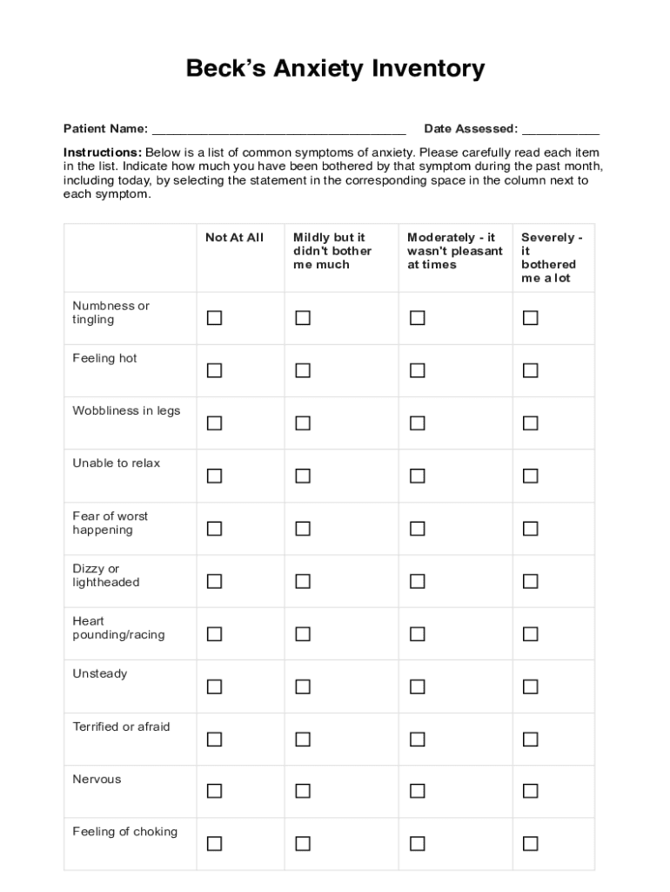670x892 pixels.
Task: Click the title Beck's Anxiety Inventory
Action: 335,69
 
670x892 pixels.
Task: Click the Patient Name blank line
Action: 278,131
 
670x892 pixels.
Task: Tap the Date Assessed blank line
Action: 560,131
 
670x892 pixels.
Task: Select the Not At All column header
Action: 234,238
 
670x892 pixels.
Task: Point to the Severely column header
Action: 552,258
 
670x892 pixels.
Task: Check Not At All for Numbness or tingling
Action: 214,318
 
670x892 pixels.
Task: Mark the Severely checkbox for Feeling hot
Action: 530,371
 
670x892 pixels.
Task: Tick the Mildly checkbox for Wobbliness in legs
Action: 303,423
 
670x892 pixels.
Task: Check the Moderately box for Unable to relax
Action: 418,476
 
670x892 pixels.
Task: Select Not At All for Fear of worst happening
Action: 214,529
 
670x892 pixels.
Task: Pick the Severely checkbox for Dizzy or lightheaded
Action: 530,581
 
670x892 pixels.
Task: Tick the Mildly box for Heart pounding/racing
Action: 303,634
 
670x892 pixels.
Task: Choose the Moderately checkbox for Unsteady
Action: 418,686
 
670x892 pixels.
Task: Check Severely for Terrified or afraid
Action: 530,740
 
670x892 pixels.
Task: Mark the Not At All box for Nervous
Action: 214,791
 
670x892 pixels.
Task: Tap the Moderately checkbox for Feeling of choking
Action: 418,843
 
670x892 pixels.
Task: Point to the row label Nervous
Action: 97,780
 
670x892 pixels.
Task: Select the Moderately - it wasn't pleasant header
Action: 454,251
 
